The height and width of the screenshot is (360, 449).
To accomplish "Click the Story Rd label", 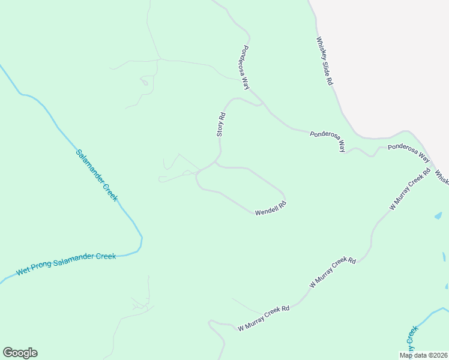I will [x=221, y=125].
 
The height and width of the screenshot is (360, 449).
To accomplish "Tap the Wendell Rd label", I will [x=271, y=208].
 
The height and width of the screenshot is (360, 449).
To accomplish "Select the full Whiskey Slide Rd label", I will [x=324, y=61].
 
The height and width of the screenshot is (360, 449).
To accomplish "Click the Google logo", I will [x=20, y=353].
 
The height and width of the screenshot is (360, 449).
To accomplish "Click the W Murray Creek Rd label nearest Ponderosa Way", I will [x=410, y=188].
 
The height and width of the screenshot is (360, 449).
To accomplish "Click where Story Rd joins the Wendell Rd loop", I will [x=215, y=163].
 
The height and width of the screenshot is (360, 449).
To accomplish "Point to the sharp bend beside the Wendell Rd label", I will [x=283, y=200].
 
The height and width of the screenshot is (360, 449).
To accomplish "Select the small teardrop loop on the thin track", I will [x=144, y=82].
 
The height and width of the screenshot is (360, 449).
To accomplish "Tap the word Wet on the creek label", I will [x=22, y=271].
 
